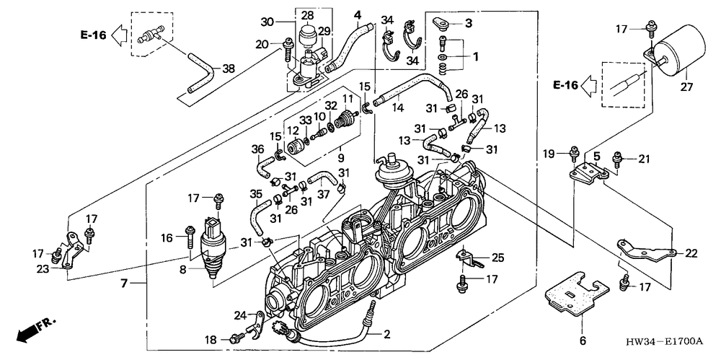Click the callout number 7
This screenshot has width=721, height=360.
[x=123, y=283]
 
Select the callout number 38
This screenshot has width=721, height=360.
[x=228, y=69]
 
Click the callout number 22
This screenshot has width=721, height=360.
[x=691, y=253]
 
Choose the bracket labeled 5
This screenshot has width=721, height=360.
[x=591, y=172]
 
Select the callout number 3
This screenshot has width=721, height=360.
[x=469, y=24]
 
